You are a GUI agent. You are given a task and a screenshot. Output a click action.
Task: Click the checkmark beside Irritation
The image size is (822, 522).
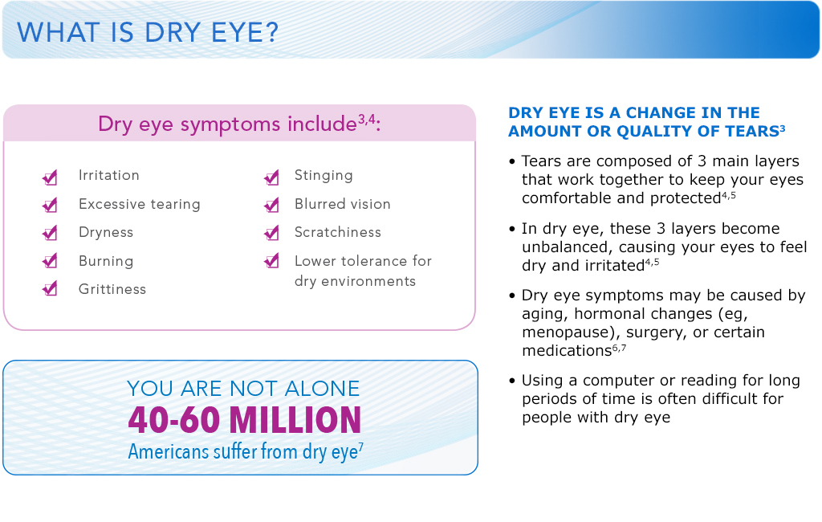pos(51,177)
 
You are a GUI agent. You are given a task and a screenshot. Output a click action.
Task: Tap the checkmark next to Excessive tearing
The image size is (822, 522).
pos(51,205)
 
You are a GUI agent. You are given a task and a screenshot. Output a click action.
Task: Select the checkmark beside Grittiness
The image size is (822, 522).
pos(51,288)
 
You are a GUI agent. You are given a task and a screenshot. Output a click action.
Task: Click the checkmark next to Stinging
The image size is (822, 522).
pos(272,177)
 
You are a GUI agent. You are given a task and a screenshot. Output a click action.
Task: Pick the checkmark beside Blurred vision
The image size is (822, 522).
pos(272,205)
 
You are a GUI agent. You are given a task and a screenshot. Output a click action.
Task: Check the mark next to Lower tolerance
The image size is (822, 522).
pos(272,260)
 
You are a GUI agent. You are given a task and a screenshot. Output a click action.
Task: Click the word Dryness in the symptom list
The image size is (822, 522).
pos(106,232)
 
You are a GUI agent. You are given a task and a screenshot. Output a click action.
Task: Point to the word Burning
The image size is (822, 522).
pos(106,261)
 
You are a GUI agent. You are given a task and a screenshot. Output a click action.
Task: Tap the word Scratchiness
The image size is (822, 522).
pos(338,232)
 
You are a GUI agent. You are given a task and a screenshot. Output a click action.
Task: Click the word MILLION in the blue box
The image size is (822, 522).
pos(295,420)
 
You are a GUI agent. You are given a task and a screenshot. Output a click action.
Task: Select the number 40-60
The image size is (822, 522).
pos(174,420)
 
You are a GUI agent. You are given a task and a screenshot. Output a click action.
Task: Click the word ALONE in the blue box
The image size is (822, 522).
pos(322,389)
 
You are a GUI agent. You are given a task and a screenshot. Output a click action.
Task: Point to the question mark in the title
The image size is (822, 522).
pos(272,32)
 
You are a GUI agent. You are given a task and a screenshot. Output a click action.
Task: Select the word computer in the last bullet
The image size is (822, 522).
pos(623,381)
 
